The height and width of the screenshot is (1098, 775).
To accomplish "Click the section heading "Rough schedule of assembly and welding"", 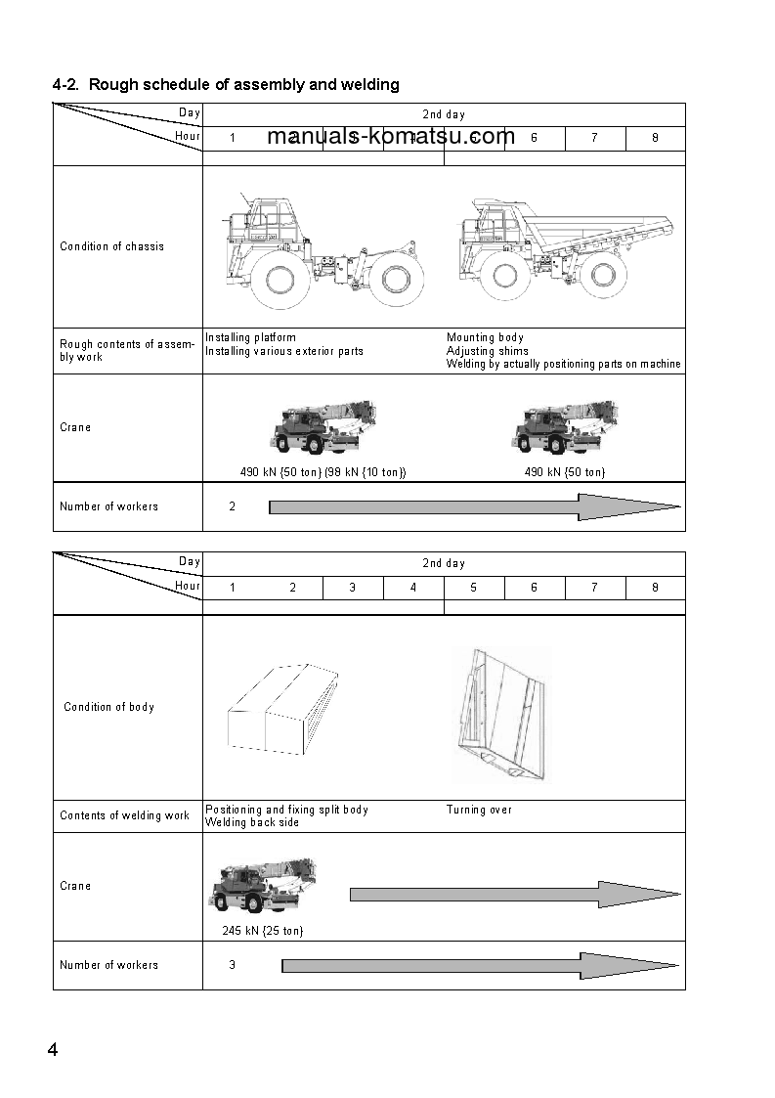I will pyautogui.click(x=226, y=85).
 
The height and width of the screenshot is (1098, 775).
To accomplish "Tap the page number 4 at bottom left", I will pyautogui.click(x=53, y=1050).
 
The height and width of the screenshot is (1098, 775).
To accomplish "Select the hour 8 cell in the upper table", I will pyautogui.click(x=655, y=138).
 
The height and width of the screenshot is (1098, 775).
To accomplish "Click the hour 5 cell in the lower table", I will pyautogui.click(x=474, y=588).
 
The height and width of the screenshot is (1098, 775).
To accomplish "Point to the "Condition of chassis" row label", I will pyautogui.click(x=112, y=246).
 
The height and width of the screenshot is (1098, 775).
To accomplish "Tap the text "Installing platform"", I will pyautogui.click(x=250, y=337).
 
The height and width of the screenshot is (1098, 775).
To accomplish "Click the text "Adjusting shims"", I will pyautogui.click(x=487, y=351).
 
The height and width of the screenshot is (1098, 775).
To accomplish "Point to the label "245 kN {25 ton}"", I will pyautogui.click(x=256, y=931).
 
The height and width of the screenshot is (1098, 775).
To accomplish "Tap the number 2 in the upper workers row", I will pyautogui.click(x=232, y=506).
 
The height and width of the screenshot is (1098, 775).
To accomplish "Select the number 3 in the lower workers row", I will pyautogui.click(x=232, y=965).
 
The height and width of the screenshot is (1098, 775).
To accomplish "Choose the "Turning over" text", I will pyautogui.click(x=479, y=810).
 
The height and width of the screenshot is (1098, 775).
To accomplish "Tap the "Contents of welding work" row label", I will pyautogui.click(x=125, y=815).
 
